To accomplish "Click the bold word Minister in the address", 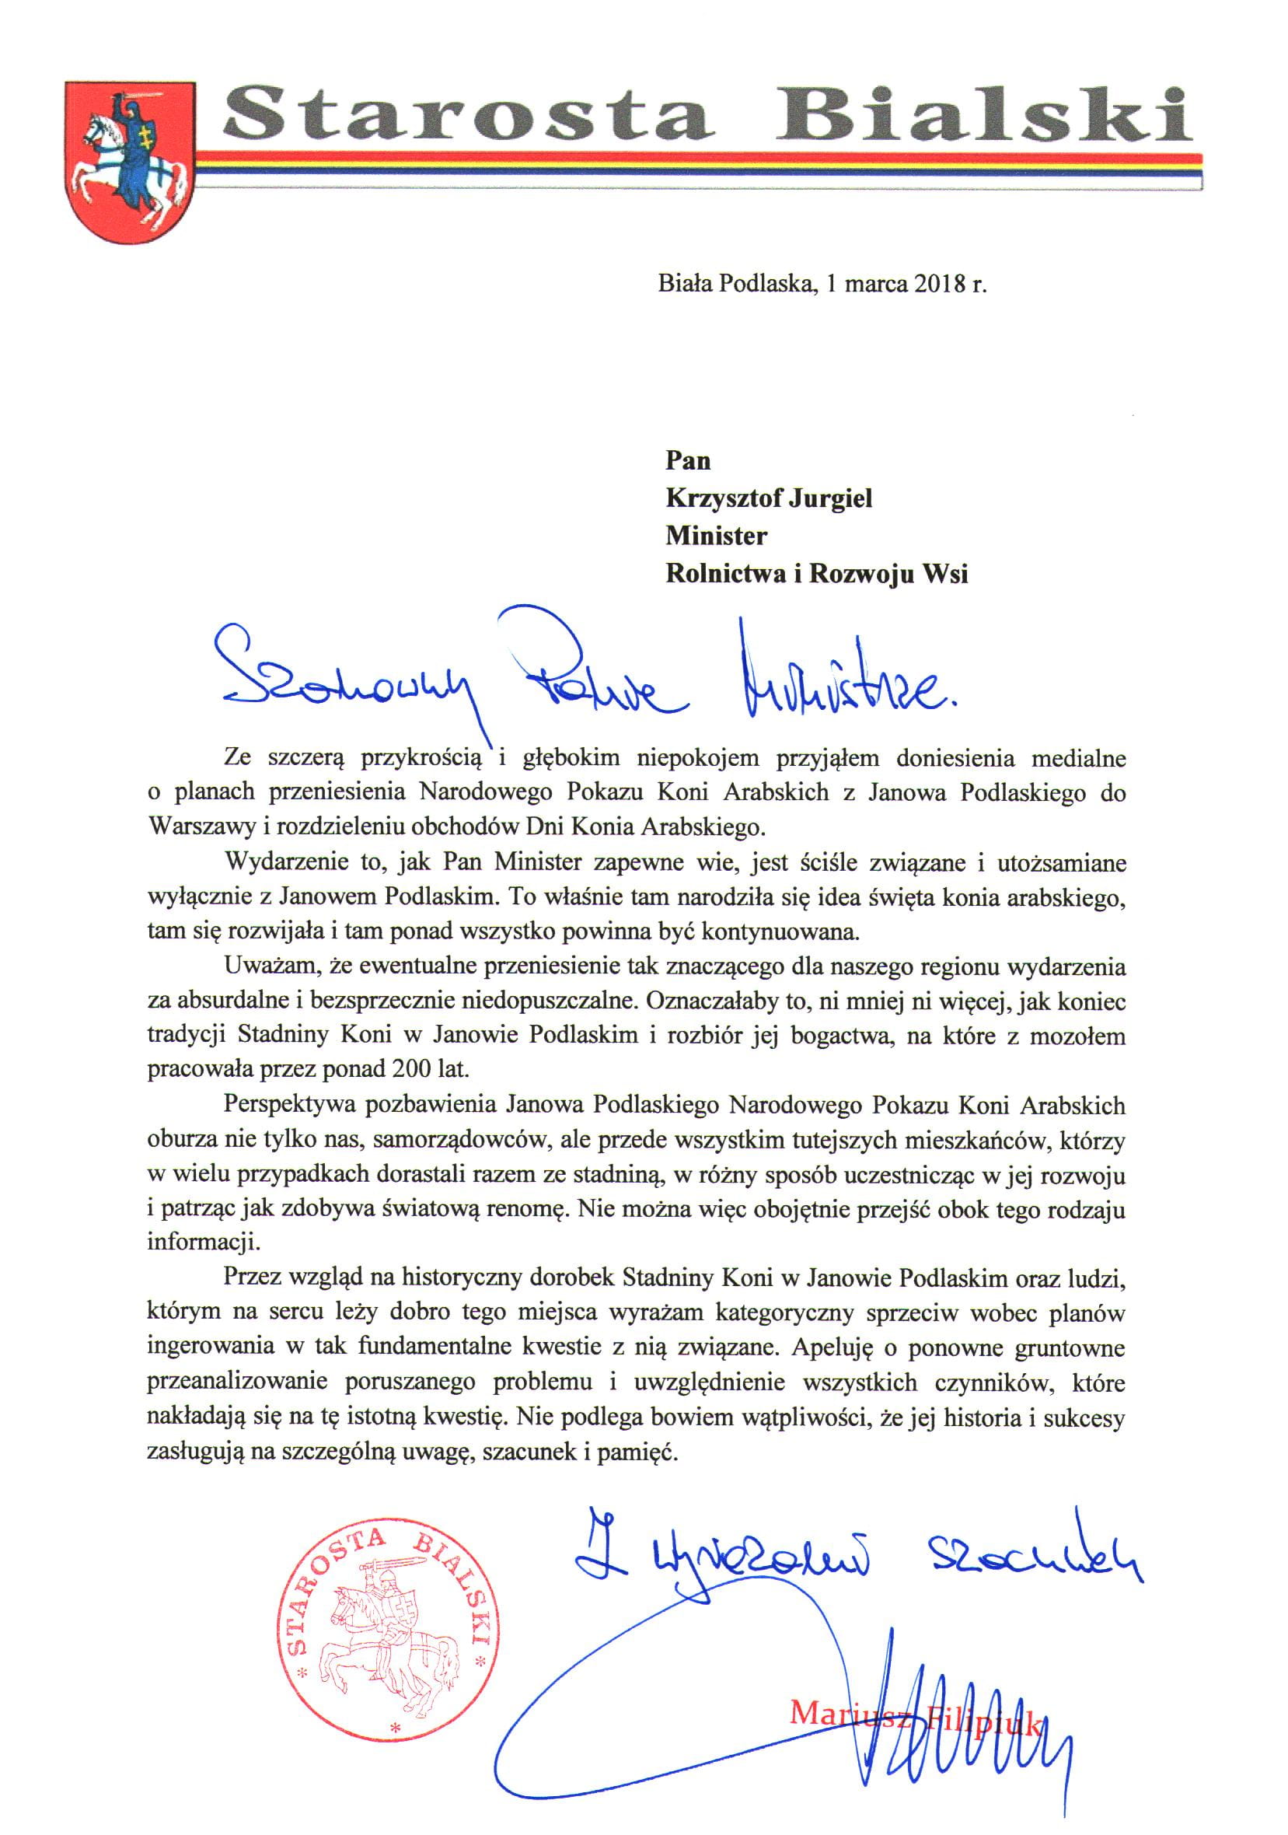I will point(716,537).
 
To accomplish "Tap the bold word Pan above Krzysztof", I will point(687,461).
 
